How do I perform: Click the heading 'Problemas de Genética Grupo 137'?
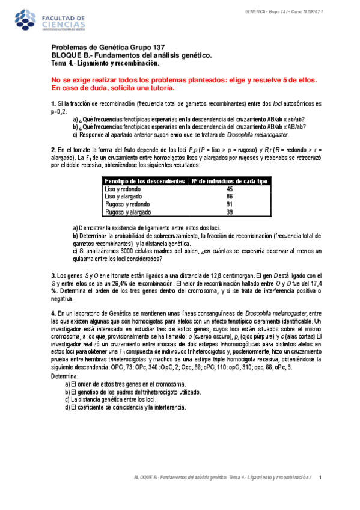coord(112,48)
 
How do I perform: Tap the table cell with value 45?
coord(230,189)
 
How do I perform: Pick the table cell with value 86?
coord(230,197)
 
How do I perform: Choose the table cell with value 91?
coord(230,204)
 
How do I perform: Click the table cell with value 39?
coord(230,212)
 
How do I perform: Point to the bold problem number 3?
coord(53,275)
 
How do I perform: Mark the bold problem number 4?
coord(53,313)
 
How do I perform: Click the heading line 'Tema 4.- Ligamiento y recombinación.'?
coord(105,63)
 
